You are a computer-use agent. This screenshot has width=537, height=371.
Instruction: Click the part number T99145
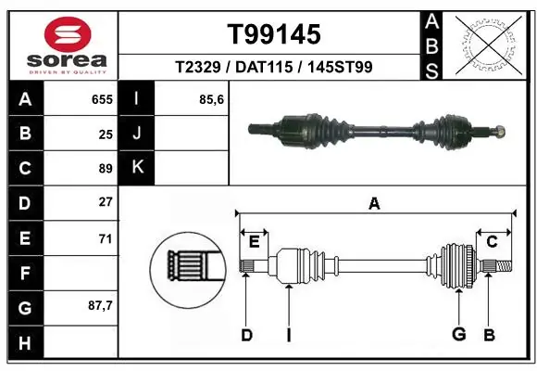[x=274, y=34]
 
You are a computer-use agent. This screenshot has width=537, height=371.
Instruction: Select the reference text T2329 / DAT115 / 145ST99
[x=274, y=68]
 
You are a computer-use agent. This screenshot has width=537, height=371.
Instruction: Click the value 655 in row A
[x=102, y=98]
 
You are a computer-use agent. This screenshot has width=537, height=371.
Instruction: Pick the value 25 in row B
[x=106, y=134]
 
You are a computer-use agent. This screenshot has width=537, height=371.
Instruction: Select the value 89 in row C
[x=106, y=169]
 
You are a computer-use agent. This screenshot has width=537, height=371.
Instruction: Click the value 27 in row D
[x=106, y=202]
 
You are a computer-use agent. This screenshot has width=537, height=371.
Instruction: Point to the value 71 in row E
[x=106, y=238]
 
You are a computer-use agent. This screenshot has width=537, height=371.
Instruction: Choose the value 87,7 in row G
[x=100, y=305]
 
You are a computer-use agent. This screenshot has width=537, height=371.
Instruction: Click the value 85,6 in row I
[x=213, y=98]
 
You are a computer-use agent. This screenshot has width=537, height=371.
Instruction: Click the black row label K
[x=137, y=168]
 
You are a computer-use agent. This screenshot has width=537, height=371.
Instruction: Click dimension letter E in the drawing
[x=254, y=242]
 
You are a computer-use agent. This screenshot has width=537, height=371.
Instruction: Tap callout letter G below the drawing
[x=457, y=335]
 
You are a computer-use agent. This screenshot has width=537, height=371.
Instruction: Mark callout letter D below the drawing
[x=246, y=335]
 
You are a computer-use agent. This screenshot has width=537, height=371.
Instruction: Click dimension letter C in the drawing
[x=493, y=242]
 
